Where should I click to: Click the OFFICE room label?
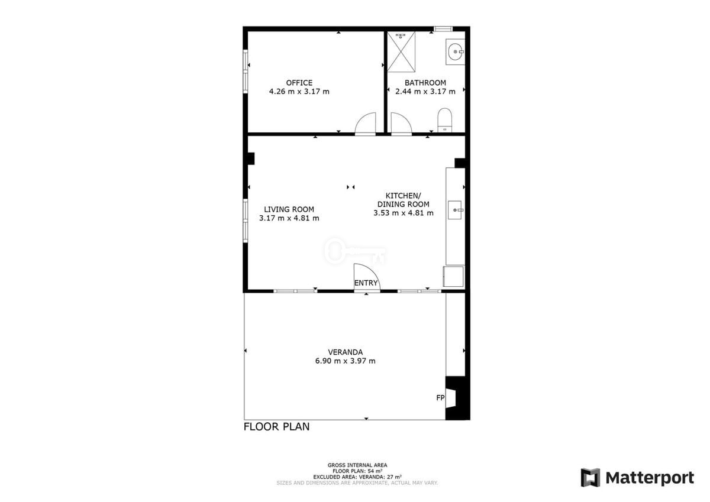click(299, 83)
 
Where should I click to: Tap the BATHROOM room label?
click(425, 83)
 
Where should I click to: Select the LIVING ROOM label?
click(289, 209)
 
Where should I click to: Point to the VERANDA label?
click(345, 352)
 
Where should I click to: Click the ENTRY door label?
click(366, 283)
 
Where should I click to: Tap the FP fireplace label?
click(440, 397)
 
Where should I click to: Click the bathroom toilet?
click(444, 120)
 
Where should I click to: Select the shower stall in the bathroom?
click(401, 52)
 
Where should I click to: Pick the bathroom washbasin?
click(455, 51)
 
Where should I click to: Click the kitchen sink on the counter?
click(455, 210)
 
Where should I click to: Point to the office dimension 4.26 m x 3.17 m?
click(299, 92)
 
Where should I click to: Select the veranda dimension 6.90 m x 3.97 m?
click(345, 361)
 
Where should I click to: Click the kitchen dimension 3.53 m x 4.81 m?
click(403, 213)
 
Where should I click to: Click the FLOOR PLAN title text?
click(276, 427)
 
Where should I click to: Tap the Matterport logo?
click(637, 478)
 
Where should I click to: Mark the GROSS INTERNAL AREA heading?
click(357, 465)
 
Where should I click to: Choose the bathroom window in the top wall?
click(443, 29)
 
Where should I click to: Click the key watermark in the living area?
click(355, 251)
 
